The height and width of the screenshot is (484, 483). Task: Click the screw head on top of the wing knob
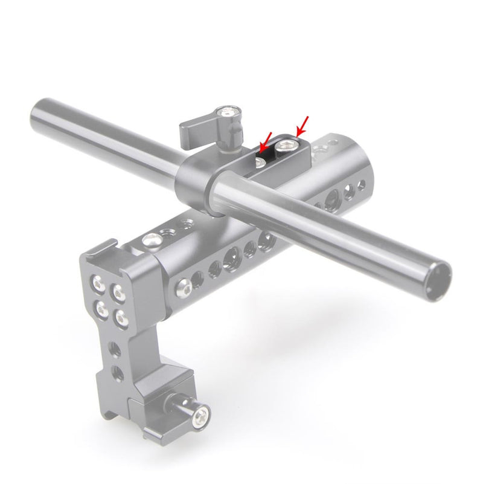229,112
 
